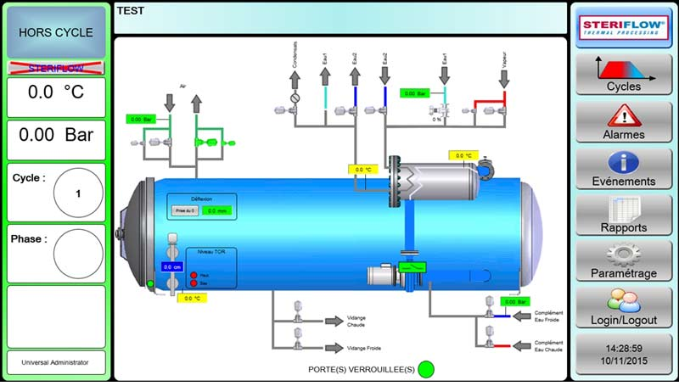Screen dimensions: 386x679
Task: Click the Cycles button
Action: [624, 74]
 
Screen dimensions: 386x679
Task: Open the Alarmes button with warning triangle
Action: [624, 121]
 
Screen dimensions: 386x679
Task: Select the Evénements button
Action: [624, 168]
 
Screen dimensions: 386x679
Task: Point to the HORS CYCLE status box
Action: [56, 32]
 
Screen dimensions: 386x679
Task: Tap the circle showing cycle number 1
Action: [78, 193]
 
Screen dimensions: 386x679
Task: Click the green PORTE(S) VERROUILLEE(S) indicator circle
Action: [426, 369]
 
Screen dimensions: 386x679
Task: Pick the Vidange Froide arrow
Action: [333, 348]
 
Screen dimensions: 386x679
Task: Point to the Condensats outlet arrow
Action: [295, 80]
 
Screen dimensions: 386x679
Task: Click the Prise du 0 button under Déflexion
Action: [184, 210]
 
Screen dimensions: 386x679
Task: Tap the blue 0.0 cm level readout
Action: [173, 266]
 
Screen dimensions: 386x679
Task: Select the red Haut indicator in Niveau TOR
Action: [194, 275]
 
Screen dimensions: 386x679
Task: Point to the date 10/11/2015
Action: [624, 361]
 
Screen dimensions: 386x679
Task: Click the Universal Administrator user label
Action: [56, 362]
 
